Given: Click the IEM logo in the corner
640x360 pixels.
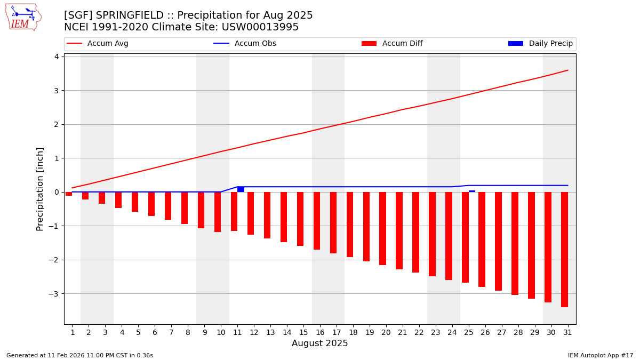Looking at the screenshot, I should click(x=23, y=17).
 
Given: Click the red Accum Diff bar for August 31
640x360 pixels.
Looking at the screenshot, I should click(x=564, y=249).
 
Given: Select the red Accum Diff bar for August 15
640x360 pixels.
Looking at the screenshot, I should click(x=300, y=219).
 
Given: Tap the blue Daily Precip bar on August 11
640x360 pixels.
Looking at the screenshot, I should click(x=241, y=189).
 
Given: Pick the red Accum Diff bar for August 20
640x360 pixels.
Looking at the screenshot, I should click(x=382, y=228).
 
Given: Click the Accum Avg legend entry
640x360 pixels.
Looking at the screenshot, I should click(x=98, y=44).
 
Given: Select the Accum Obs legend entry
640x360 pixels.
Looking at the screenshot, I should click(x=245, y=44).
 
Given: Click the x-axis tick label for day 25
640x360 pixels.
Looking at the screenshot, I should click(x=469, y=333).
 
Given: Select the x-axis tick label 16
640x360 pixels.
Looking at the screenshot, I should click(x=320, y=333).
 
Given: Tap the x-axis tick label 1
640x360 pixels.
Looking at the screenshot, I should click(x=72, y=333).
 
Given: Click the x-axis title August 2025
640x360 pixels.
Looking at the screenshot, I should click(x=320, y=344).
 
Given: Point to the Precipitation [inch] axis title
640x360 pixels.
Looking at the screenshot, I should click(x=40, y=189).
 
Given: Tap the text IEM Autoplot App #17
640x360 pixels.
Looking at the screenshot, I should click(x=601, y=356).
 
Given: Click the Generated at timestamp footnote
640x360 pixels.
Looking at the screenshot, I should click(x=79, y=356).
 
